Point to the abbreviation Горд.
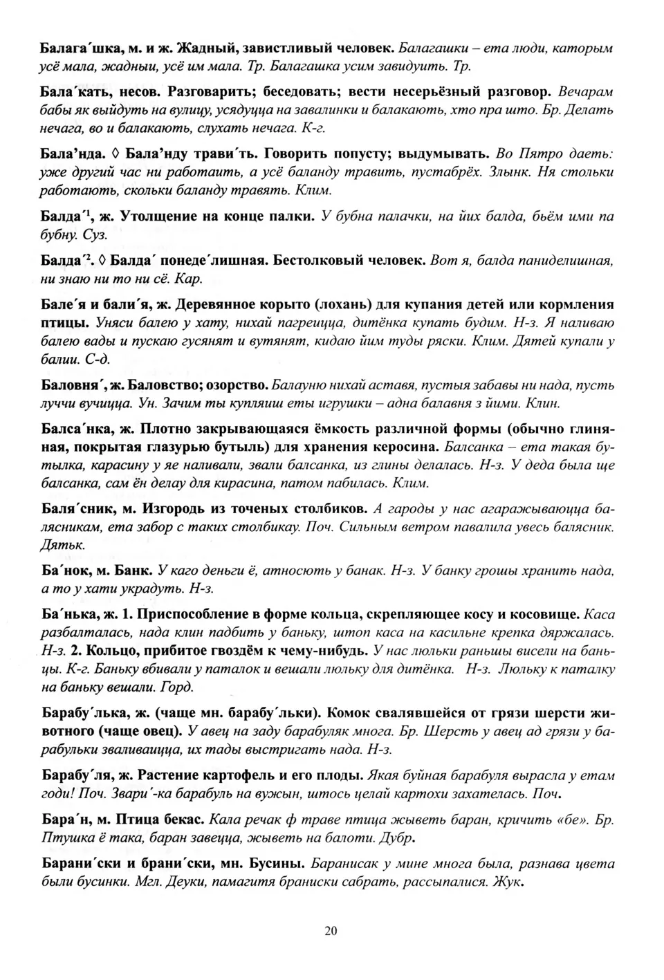click(177, 687)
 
